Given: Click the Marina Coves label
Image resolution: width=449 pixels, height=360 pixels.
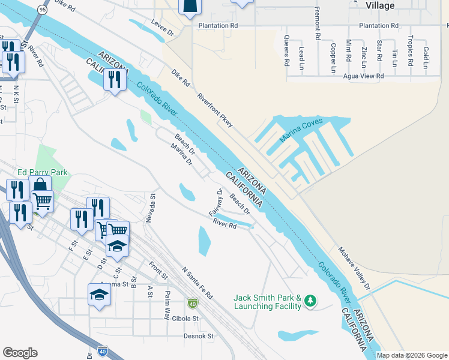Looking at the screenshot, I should click(x=301, y=130).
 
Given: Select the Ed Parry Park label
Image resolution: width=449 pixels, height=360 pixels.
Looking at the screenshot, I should click(x=43, y=172).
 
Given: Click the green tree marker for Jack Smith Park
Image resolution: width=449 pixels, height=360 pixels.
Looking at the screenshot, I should click(x=310, y=300).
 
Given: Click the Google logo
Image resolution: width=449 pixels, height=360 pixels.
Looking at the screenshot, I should click(x=20, y=353).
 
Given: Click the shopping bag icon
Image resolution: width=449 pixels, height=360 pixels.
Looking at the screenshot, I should click(x=41, y=185).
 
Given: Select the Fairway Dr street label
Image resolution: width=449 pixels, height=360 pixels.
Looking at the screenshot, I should click(x=215, y=203).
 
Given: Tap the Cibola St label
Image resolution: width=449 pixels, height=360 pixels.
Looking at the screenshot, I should click(x=199, y=319).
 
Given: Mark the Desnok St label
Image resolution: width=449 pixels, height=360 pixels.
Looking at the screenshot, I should click(x=198, y=337).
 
